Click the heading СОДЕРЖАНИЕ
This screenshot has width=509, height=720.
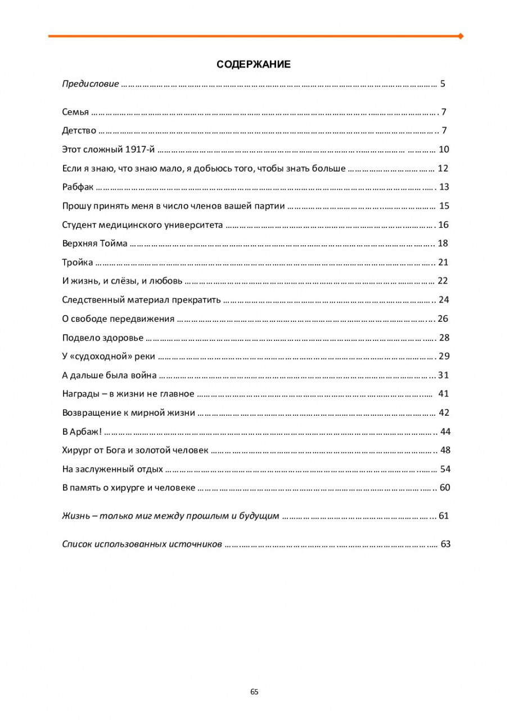[254, 65]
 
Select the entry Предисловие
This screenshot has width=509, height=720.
[91, 84]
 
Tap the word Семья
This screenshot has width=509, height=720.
[75, 112]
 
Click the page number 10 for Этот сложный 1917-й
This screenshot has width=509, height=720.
[444, 150]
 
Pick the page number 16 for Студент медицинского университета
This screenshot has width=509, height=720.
[443, 225]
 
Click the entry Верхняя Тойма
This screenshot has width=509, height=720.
[94, 244]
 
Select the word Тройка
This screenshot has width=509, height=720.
[77, 263]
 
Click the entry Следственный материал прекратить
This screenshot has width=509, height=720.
[141, 300]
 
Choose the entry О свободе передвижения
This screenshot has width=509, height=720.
[118, 319]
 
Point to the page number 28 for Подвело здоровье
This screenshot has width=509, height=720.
[444, 338]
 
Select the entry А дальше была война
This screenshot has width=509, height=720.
[109, 375]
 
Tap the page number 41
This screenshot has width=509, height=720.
[443, 394]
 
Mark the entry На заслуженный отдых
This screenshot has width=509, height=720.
[112, 469]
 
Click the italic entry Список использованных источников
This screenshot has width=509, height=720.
[142, 544]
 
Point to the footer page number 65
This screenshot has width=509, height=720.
[254, 692]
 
